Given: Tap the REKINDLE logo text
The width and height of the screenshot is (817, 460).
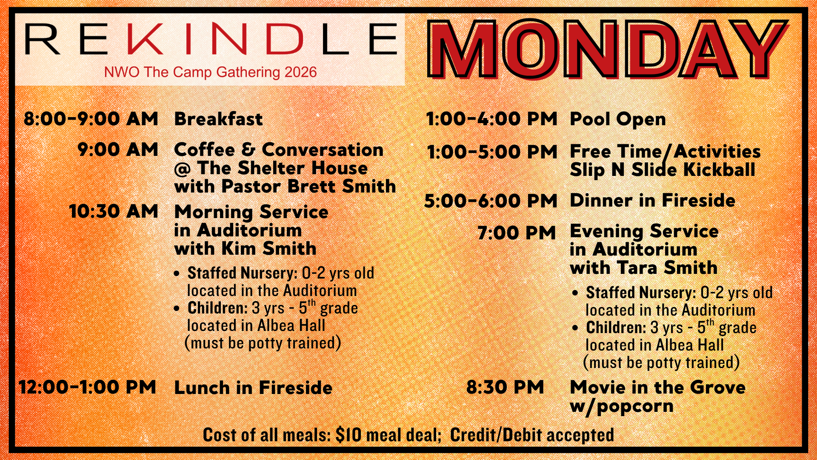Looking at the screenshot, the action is [x=211, y=39].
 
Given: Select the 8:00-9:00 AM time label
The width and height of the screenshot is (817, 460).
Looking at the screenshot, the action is [x=91, y=119].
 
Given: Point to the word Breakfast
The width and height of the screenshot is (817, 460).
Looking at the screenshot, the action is [x=218, y=119].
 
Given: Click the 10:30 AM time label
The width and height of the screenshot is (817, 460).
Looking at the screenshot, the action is [x=114, y=211].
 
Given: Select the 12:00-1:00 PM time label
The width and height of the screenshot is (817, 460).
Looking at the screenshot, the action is [x=87, y=387].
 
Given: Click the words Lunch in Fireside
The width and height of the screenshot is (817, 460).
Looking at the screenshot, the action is [x=253, y=388].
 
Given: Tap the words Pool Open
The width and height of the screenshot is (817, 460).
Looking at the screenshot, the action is [x=618, y=119].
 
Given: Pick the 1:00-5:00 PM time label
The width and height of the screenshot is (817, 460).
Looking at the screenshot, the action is [x=492, y=152].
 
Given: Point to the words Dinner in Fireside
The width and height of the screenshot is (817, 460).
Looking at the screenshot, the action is [x=652, y=201].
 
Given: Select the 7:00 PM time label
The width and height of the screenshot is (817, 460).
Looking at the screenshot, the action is [x=517, y=233].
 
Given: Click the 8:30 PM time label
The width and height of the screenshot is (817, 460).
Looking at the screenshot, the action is [x=505, y=387].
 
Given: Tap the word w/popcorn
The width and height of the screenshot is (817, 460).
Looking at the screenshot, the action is [x=622, y=406].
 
